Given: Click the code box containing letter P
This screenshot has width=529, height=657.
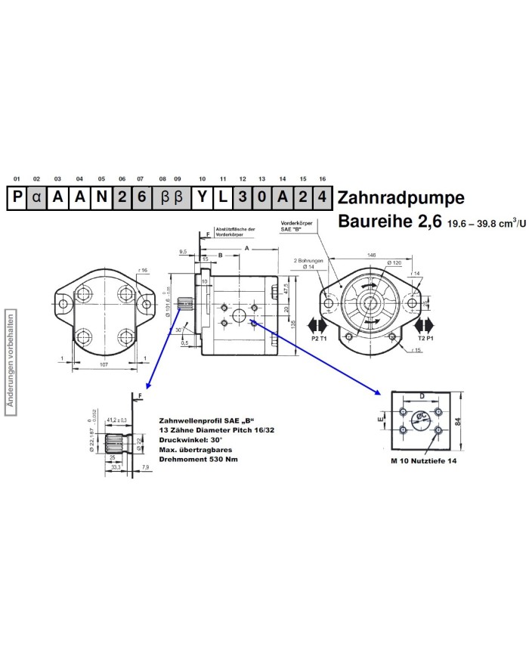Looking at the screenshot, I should click(17, 199).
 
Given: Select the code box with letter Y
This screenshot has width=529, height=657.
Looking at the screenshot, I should click(202, 199).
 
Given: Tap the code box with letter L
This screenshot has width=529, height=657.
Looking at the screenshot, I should click(222, 199).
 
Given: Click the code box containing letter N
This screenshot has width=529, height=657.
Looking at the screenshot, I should click(101, 199).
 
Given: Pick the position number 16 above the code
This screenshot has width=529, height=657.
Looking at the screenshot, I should click(323, 179).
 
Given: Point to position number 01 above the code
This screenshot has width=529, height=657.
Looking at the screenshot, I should click(17, 179).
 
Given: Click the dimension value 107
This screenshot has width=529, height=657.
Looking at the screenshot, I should click(105, 364).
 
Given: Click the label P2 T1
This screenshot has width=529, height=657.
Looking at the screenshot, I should click(319, 339).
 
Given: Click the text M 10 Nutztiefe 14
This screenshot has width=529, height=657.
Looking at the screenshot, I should click(423, 460).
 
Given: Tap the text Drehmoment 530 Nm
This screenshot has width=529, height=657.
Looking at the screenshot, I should click(198, 458).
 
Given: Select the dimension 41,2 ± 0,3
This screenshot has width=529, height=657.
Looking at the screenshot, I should click(116, 419).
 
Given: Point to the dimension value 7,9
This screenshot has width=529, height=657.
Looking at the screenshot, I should click(145, 468).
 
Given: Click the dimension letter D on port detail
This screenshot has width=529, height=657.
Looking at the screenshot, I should click(422, 396).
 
